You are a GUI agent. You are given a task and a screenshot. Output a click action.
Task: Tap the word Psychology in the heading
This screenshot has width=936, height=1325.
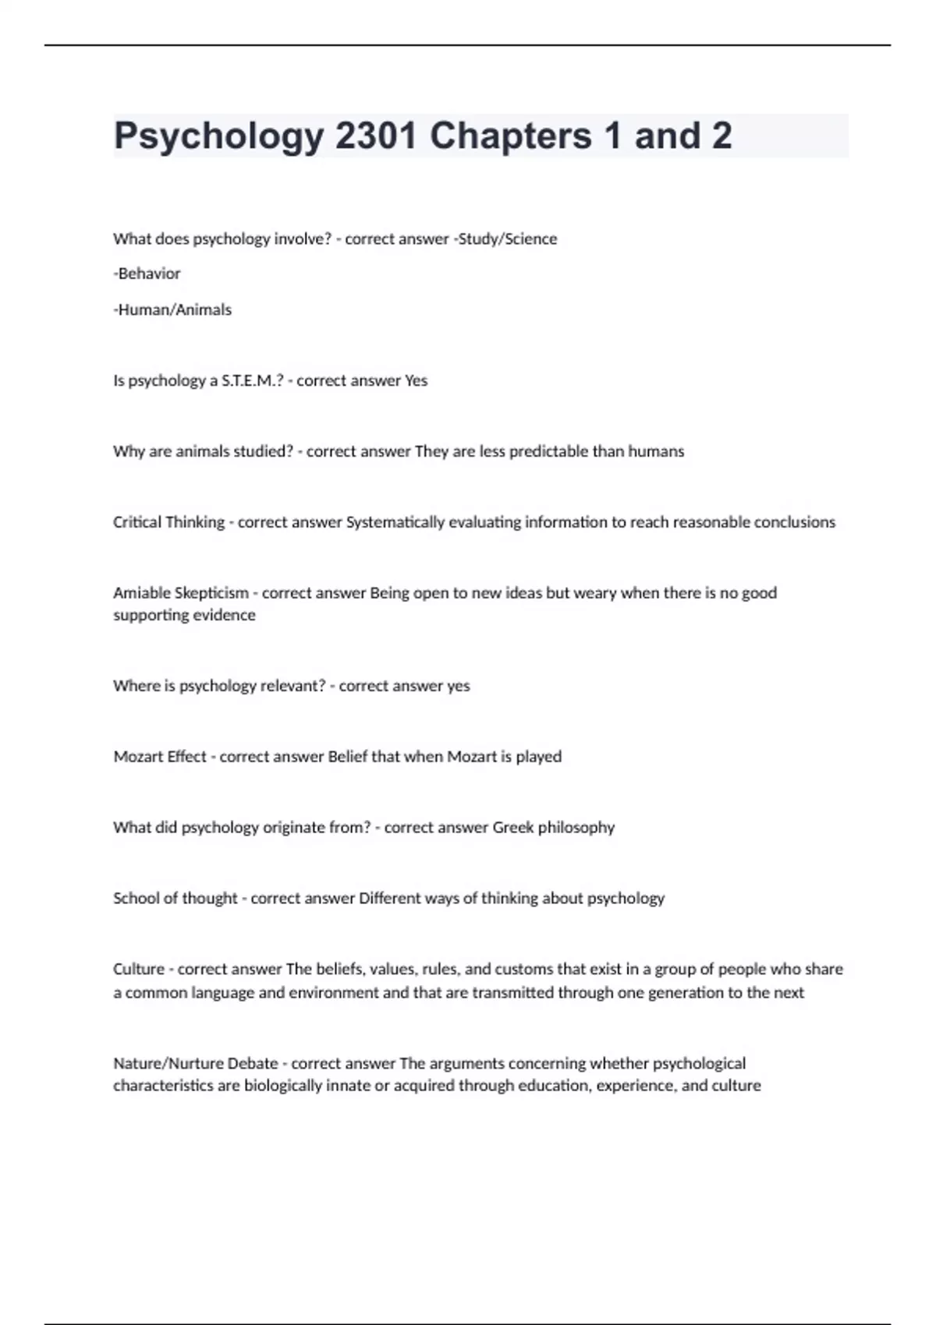(x=218, y=137)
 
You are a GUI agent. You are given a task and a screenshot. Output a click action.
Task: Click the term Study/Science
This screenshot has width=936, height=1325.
(x=508, y=239)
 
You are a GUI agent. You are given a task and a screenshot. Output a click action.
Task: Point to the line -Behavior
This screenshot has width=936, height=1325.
(x=147, y=274)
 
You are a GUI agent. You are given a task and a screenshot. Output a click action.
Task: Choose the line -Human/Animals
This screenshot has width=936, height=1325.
(x=172, y=309)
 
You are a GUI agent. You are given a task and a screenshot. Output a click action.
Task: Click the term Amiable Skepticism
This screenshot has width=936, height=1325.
(x=181, y=593)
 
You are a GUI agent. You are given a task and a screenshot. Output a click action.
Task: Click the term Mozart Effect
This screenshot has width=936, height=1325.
(x=160, y=757)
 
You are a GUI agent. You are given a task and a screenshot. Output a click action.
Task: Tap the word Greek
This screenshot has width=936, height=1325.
(x=513, y=827)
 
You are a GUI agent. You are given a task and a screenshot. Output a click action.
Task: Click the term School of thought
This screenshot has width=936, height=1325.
(x=175, y=898)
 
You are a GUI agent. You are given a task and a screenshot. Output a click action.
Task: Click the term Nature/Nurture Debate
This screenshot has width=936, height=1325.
(x=195, y=1063)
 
